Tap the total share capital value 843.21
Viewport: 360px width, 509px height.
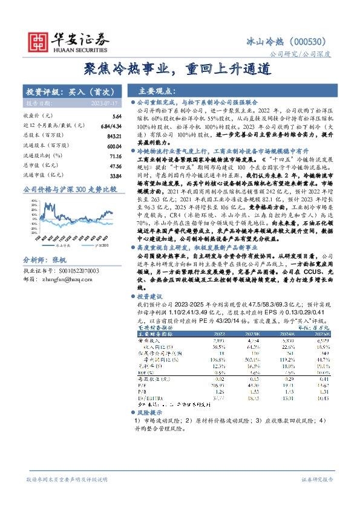pos(114,135)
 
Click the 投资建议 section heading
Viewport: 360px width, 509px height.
pos(152,297)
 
